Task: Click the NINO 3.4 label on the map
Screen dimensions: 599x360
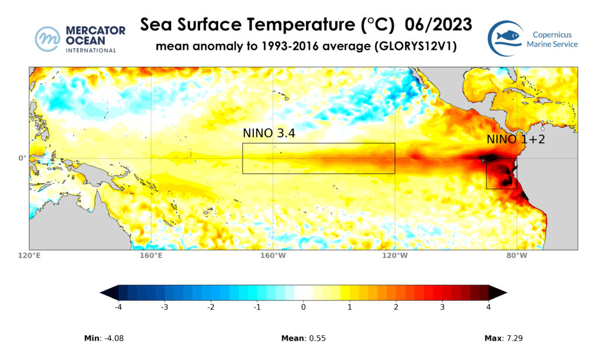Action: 269,133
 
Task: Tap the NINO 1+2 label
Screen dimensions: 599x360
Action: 516,139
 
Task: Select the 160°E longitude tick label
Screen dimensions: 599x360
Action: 151,255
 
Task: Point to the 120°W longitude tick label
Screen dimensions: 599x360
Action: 395,255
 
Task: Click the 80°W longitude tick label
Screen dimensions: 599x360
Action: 517,255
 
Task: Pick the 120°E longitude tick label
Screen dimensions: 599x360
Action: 29,255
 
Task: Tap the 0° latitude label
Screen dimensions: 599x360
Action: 23,158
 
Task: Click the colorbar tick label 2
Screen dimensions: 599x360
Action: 396,307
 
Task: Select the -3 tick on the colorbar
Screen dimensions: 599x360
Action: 164,307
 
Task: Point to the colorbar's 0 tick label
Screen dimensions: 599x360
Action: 304,307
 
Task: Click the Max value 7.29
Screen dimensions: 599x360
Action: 514,338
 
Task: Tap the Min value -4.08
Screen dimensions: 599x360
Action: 113,338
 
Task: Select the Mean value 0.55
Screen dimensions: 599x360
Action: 317,338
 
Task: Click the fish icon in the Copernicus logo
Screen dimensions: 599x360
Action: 508,36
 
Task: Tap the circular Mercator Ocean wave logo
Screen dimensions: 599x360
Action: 47,39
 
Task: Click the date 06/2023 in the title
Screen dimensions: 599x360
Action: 439,25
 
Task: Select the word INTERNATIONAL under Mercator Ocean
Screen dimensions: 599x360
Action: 91,50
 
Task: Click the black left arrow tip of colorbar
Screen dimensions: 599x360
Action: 101,293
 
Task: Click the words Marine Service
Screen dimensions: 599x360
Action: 552,44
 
